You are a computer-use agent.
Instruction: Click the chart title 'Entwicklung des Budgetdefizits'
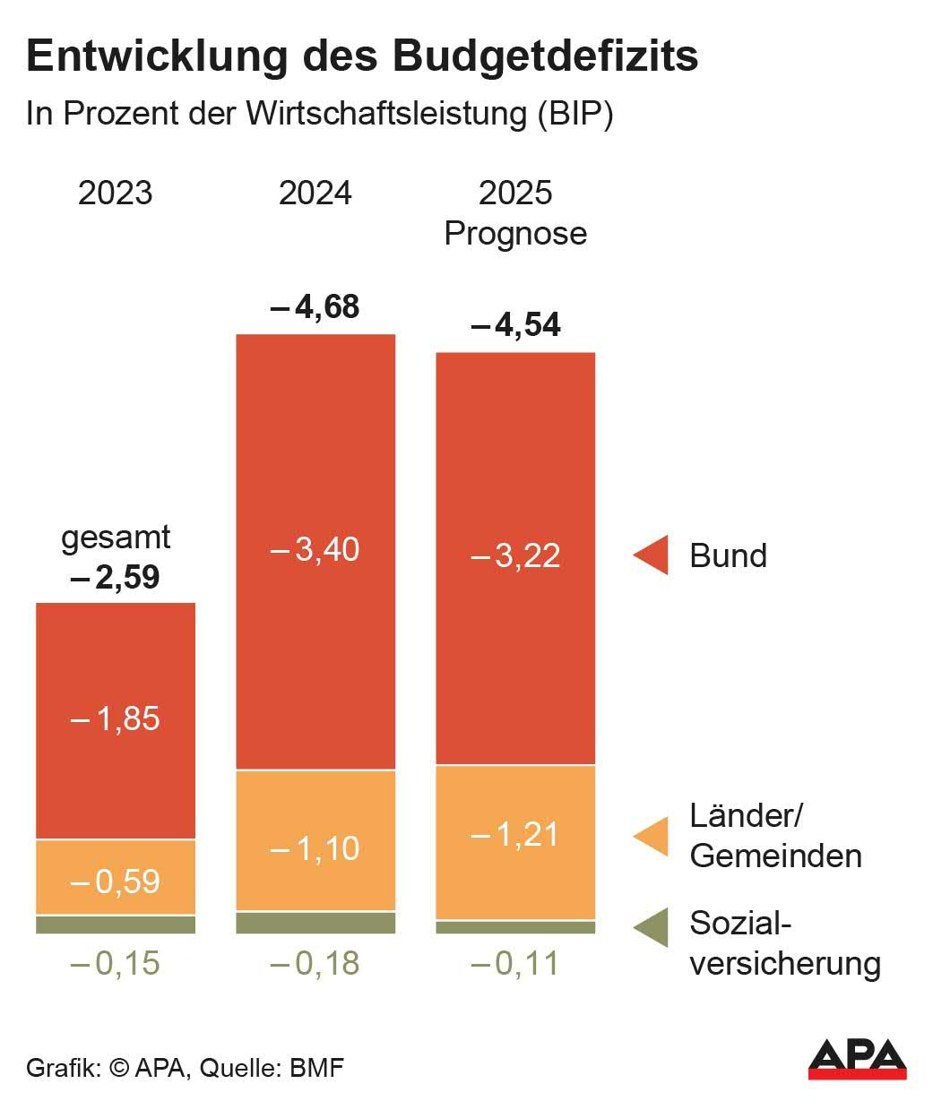click(362, 56)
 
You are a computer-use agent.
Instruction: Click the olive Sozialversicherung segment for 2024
click(315, 923)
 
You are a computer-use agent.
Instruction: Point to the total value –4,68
click(315, 306)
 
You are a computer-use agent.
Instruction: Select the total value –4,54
click(515, 325)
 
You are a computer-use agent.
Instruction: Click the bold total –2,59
click(116, 576)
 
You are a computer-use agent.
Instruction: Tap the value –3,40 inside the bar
click(315, 549)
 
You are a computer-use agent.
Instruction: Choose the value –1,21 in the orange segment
click(515, 835)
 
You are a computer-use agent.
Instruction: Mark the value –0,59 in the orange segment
click(116, 882)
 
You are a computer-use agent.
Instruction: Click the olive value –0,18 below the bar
click(315, 964)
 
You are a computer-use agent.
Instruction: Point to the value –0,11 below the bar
click(515, 964)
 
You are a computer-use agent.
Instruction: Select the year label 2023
click(116, 194)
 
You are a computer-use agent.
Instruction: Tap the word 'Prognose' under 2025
click(515, 233)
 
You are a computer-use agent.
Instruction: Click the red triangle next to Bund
click(652, 555)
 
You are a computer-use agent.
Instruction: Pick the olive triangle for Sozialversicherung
click(652, 927)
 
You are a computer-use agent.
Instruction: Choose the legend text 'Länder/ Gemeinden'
click(775, 836)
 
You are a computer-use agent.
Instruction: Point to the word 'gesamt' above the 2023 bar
click(116, 538)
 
